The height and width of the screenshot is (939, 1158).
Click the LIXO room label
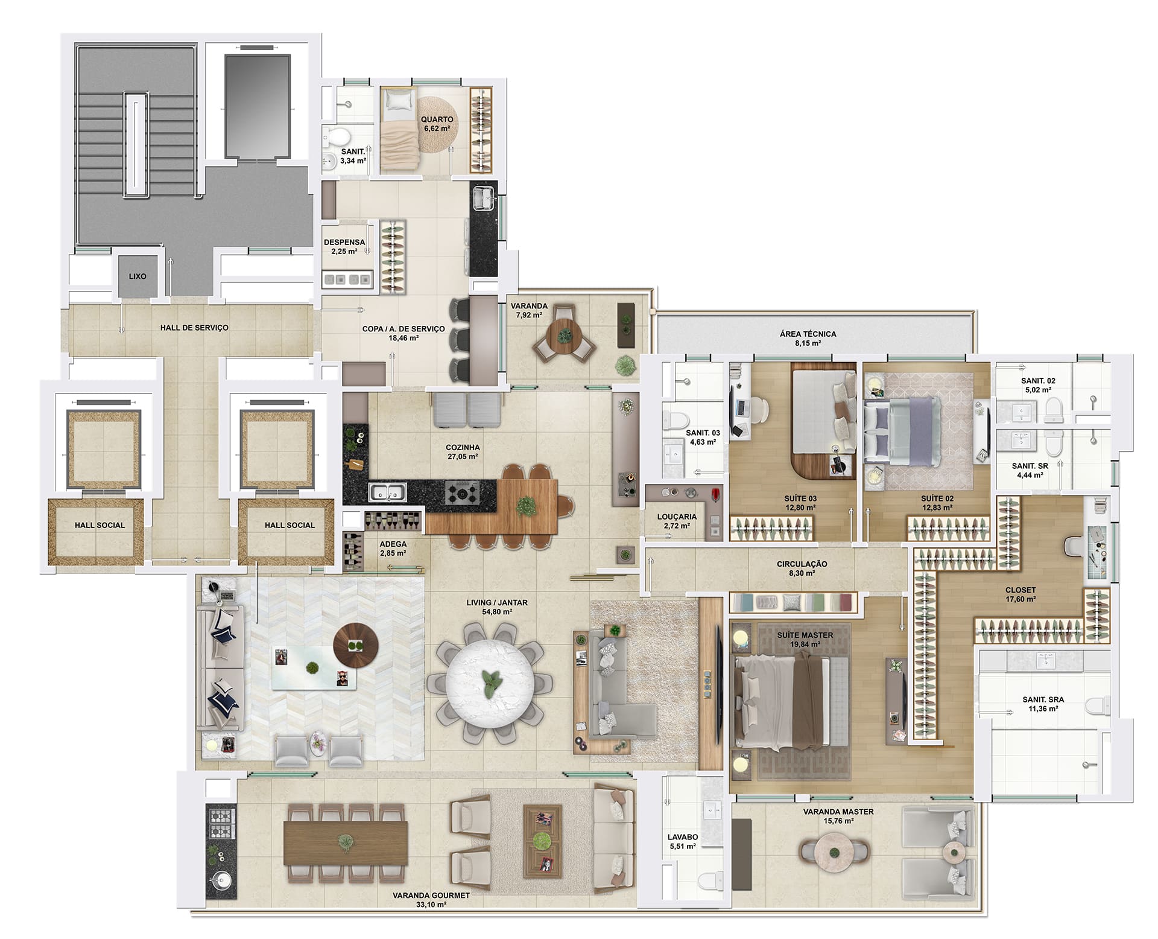coord(138,276)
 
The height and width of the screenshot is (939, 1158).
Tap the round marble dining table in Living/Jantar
coord(489,683)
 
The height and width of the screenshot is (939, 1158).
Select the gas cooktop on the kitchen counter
coord(462,492)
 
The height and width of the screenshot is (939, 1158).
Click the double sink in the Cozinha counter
coord(388,492)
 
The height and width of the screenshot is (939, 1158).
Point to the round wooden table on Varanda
coord(565,333)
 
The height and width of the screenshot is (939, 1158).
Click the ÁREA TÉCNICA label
coord(808,334)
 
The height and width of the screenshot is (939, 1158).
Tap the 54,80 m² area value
coord(498,612)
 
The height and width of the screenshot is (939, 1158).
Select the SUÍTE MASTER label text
coord(805,635)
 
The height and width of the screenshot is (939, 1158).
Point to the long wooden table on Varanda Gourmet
coord(344,842)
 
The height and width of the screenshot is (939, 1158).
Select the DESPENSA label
coord(344,243)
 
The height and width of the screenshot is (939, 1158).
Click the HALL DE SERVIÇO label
coord(194,328)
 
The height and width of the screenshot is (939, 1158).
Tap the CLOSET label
coord(1020,590)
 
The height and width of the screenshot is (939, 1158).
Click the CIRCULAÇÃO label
coord(802,564)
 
